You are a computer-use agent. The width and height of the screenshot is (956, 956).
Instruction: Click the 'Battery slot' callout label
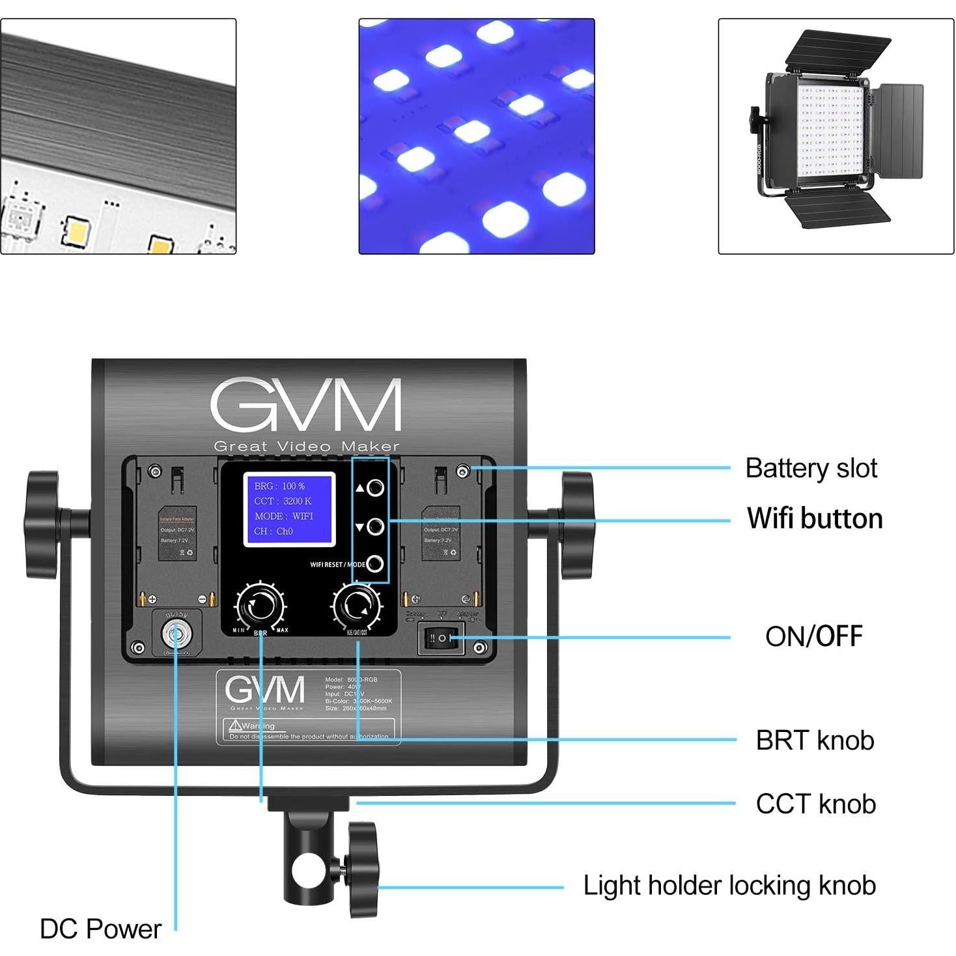tap(811, 468)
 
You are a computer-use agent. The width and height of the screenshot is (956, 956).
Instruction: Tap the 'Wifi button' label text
tap(814, 518)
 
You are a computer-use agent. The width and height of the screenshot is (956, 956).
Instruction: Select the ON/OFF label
tap(813, 636)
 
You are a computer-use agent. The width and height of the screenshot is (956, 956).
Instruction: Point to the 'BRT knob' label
tap(814, 740)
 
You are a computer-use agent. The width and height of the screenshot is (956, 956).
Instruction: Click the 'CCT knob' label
tap(815, 804)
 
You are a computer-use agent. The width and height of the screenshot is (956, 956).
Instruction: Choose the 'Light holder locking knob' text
tap(729, 886)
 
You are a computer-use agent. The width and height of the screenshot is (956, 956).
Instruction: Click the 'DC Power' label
tap(100, 929)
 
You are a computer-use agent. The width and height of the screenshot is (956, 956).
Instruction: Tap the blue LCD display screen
tap(289, 509)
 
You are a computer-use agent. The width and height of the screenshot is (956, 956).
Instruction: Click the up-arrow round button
tap(375, 488)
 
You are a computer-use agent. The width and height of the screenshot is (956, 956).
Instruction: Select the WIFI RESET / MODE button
tap(374, 564)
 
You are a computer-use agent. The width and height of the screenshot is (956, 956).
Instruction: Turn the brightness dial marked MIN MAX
tap(260, 606)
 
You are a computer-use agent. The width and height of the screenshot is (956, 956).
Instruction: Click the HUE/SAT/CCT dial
tap(356, 606)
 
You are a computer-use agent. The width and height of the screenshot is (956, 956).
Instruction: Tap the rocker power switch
tap(442, 638)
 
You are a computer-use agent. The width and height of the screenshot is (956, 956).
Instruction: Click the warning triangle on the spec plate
tap(235, 725)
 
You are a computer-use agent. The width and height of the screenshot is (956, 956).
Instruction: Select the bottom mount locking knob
tap(363, 869)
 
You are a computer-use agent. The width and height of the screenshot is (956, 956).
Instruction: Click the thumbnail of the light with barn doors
tap(836, 136)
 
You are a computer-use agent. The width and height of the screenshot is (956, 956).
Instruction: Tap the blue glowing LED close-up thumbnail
tap(477, 136)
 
